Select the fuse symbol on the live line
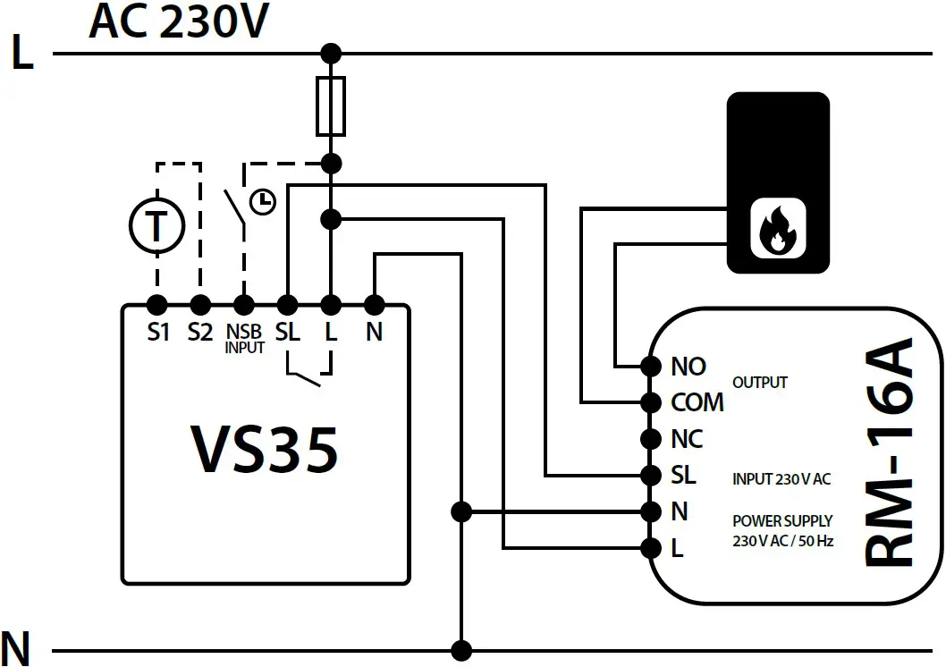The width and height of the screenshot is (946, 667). click(331, 106)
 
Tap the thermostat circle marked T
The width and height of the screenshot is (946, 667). click(156, 226)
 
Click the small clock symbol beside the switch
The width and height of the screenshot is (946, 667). click(262, 202)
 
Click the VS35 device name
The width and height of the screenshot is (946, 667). click(265, 448)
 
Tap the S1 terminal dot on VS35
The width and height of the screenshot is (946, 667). click(157, 303)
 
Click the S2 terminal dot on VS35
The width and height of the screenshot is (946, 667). click(200, 303)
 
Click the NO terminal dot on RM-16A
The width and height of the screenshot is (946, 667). click(651, 366)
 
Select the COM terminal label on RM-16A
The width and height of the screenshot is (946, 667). click(697, 402)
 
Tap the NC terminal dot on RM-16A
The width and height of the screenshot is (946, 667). click(651, 439)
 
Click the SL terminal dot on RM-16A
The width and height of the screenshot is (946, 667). click(651, 475)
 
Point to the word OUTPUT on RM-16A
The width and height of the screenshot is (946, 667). click(759, 383)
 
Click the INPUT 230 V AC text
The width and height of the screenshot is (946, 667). click(781, 479)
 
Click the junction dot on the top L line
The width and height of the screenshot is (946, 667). click(331, 54)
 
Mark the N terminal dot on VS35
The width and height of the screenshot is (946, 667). click(375, 303)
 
